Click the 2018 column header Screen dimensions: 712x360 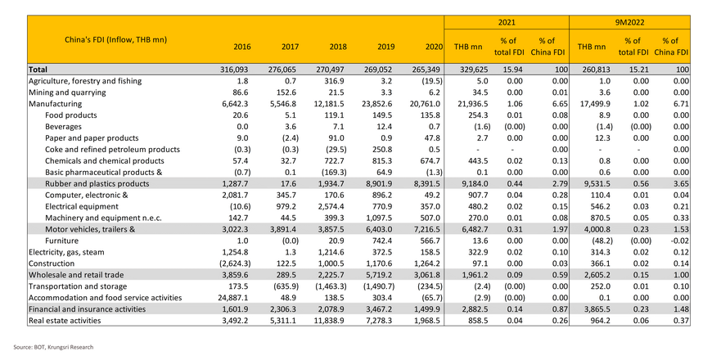[x=338, y=47]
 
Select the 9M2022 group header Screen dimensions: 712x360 [x=629, y=22]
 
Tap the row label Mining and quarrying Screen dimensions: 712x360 [x=67, y=92]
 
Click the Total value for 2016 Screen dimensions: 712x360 [x=236, y=70]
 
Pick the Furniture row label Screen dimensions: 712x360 [x=61, y=241]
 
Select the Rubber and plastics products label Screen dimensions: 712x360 [x=97, y=184]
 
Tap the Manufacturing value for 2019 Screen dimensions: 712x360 [x=376, y=104]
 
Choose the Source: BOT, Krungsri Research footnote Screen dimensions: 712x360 [x=53, y=347]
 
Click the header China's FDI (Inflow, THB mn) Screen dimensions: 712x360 [x=115, y=40]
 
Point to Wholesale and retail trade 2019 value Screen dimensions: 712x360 [x=378, y=275]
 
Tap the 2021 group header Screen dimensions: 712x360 [x=507, y=22]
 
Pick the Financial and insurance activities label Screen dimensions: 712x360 [x=88, y=309]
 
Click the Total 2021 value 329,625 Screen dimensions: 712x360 [x=473, y=70]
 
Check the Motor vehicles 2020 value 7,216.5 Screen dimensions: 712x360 [x=425, y=230]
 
